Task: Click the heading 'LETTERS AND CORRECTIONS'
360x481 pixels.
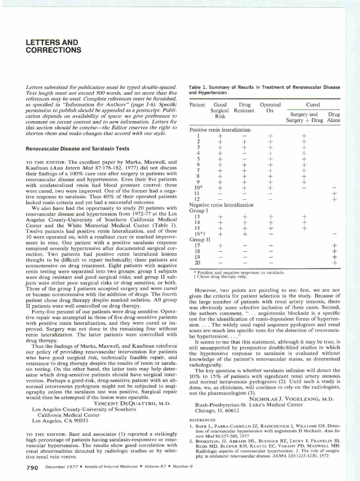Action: point(53,46)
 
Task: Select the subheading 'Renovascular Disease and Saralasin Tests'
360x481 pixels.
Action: point(77,149)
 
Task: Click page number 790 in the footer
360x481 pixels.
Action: point(32,467)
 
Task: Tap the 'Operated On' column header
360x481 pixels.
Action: point(270,107)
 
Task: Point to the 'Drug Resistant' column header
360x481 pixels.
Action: point(244,107)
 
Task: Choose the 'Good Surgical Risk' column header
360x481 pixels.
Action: point(220,110)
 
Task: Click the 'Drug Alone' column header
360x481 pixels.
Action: point(333,117)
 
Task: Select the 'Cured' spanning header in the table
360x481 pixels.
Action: point(313,105)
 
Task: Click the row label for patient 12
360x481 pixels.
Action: point(197,199)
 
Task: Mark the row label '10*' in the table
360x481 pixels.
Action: point(198,188)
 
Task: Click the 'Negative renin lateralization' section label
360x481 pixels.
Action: point(221,205)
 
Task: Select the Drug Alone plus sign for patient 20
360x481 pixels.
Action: point(334,263)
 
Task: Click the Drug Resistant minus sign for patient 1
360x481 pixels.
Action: point(244,136)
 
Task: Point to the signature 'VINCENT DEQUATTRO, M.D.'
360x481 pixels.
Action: point(132,404)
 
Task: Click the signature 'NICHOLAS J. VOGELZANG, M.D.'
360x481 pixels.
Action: point(291,399)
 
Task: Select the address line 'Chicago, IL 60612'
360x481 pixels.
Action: point(217,411)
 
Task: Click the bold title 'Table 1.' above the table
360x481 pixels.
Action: point(198,87)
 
